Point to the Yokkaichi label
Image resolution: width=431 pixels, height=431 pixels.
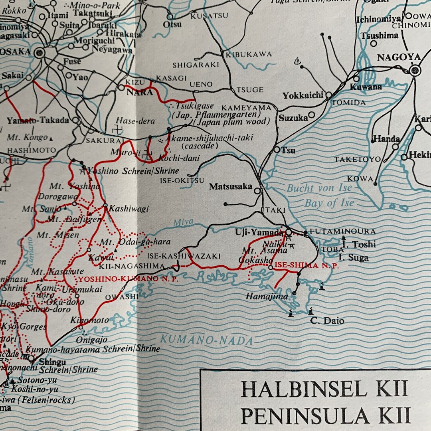pos(302,96)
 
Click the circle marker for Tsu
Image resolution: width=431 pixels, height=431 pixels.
pos(277,149)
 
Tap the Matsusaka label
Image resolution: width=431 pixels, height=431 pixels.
pos(231,186)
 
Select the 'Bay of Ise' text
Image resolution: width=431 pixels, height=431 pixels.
pos(329,203)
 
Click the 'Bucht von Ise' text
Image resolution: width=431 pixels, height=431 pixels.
pos(319,188)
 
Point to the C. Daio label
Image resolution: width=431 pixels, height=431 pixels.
pos(327,320)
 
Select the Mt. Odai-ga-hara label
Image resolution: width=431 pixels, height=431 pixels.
pos(135,242)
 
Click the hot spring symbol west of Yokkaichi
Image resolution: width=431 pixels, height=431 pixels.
pos(297,61)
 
